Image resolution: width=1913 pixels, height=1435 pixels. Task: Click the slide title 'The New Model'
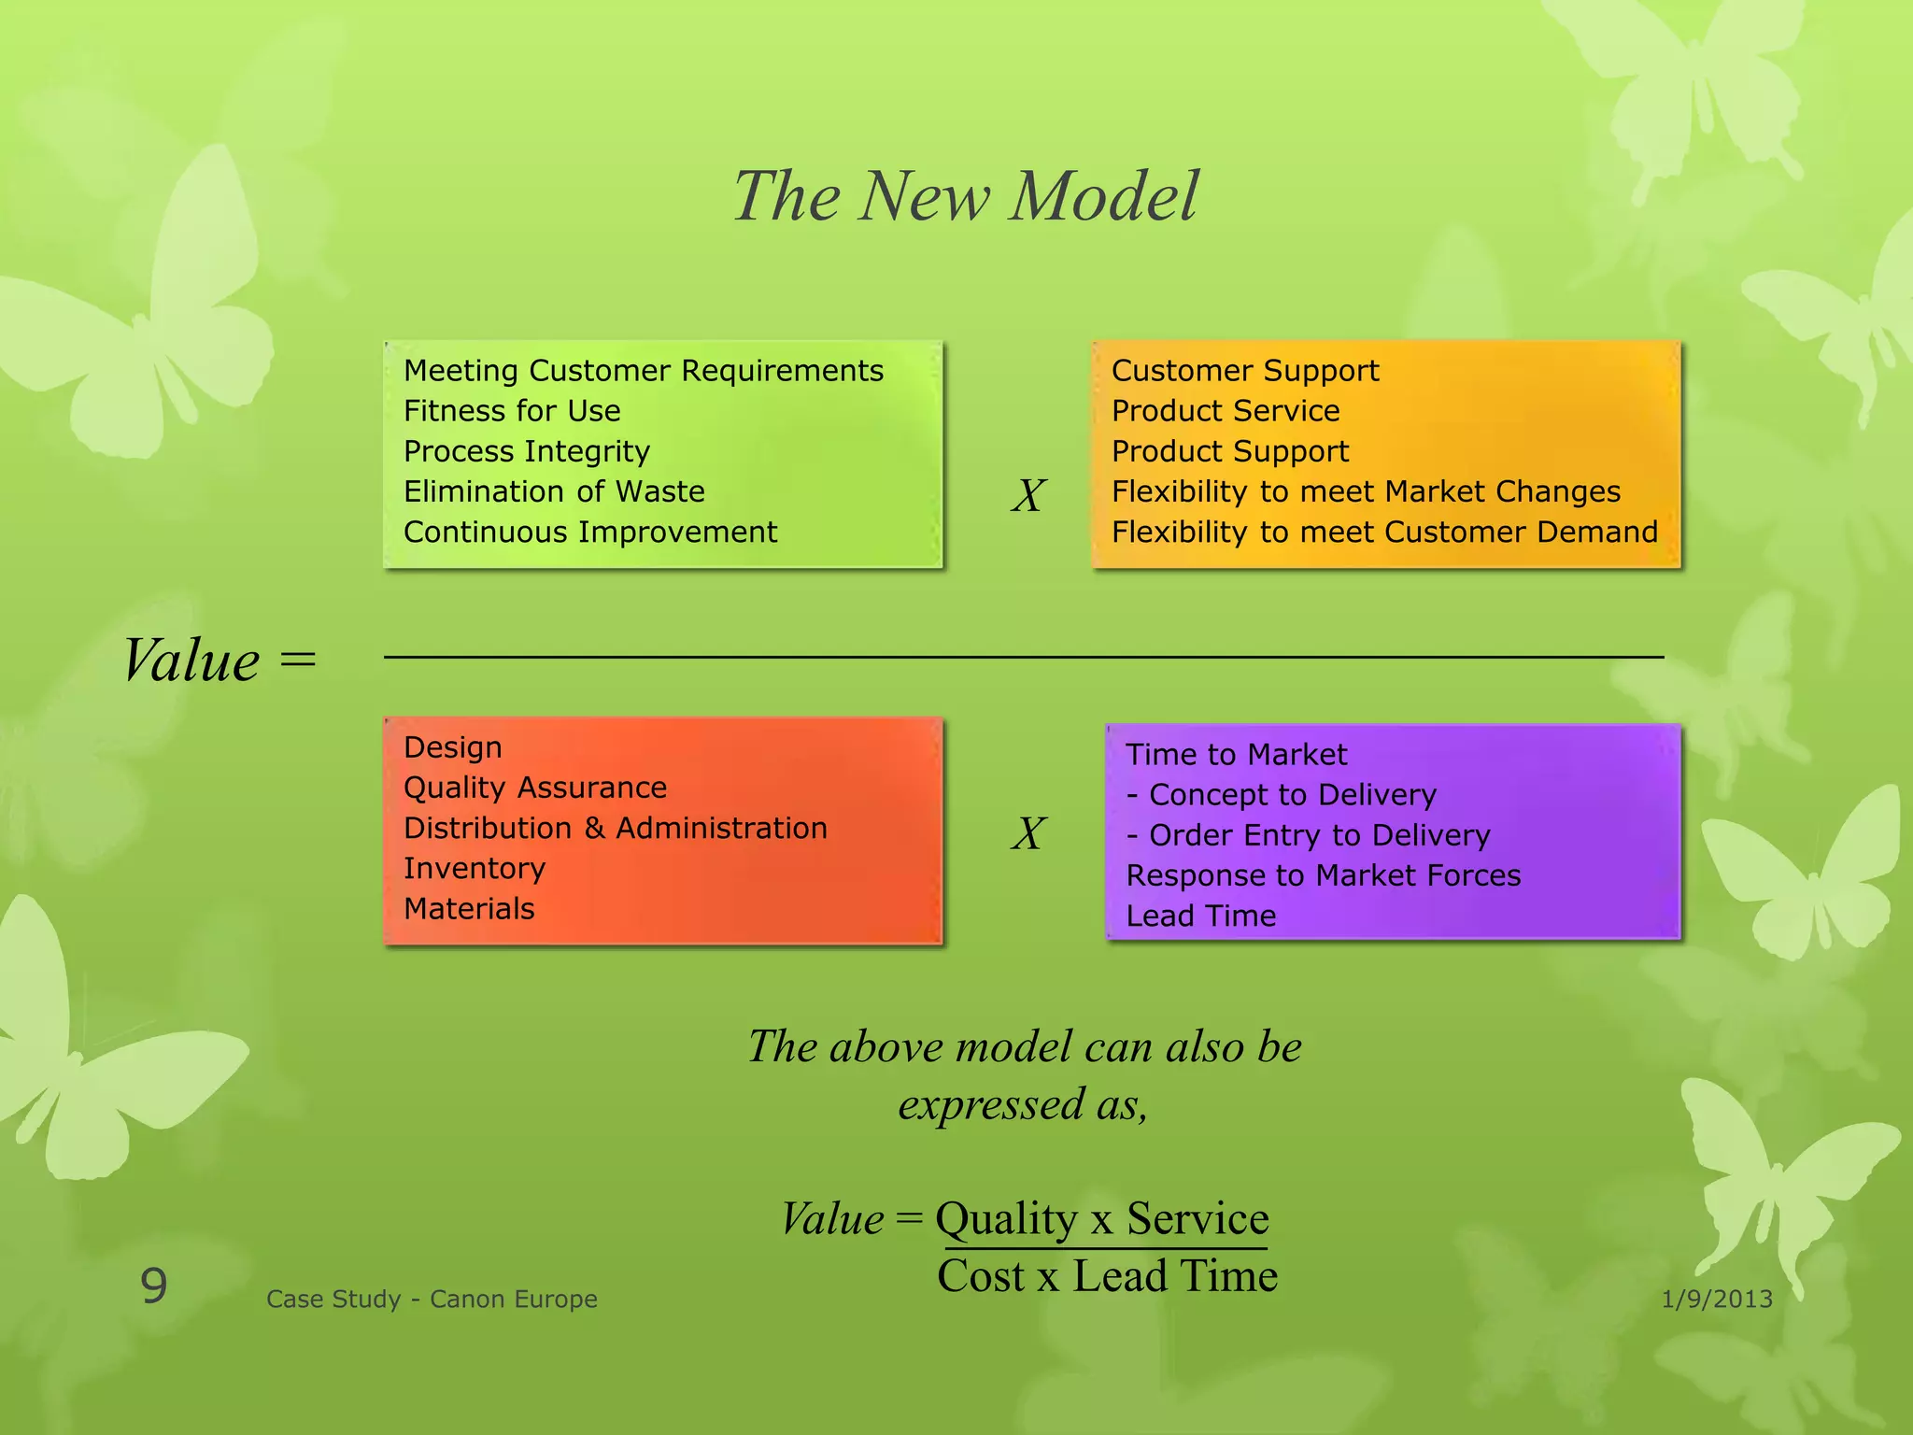click(965, 197)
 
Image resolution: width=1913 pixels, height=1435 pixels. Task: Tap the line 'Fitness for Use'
click(512, 411)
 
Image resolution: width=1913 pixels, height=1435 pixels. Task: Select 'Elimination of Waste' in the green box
click(554, 491)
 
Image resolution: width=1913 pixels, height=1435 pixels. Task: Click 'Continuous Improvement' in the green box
click(589, 532)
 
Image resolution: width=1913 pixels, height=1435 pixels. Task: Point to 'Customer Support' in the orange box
click(1244, 371)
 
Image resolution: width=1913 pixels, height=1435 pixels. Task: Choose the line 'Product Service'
click(1225, 411)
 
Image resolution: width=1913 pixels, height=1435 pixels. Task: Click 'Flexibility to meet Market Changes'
click(1365, 491)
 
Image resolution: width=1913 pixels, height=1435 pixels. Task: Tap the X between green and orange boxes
click(1027, 495)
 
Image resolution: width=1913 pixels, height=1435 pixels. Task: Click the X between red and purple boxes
click(1027, 833)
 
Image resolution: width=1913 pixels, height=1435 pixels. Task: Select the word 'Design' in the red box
click(452, 747)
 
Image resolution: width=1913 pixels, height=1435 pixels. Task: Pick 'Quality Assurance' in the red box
click(534, 788)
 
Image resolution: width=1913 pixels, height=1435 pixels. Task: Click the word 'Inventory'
click(474, 868)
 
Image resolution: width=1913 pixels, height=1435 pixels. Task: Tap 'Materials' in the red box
click(469, 908)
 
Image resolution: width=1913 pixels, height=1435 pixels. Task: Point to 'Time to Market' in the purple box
click(1236, 755)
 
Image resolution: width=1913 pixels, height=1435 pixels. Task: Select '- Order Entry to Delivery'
click(1308, 835)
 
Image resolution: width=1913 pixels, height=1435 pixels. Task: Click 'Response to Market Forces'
click(1323, 875)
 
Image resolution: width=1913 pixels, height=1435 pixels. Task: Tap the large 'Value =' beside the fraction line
click(219, 661)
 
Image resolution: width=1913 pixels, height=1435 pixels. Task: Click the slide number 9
click(154, 1286)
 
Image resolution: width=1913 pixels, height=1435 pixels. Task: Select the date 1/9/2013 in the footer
click(1717, 1299)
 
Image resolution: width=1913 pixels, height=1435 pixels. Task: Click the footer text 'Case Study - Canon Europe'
click(432, 1299)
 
